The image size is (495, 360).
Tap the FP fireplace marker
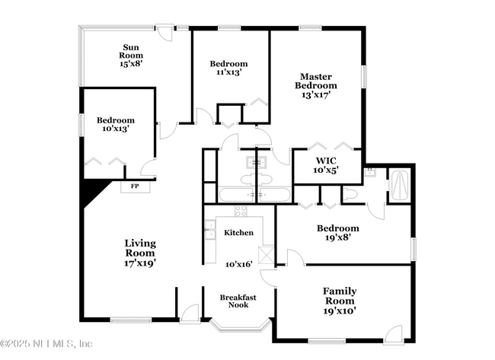135,186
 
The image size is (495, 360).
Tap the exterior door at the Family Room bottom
393,333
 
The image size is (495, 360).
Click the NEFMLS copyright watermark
47,343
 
